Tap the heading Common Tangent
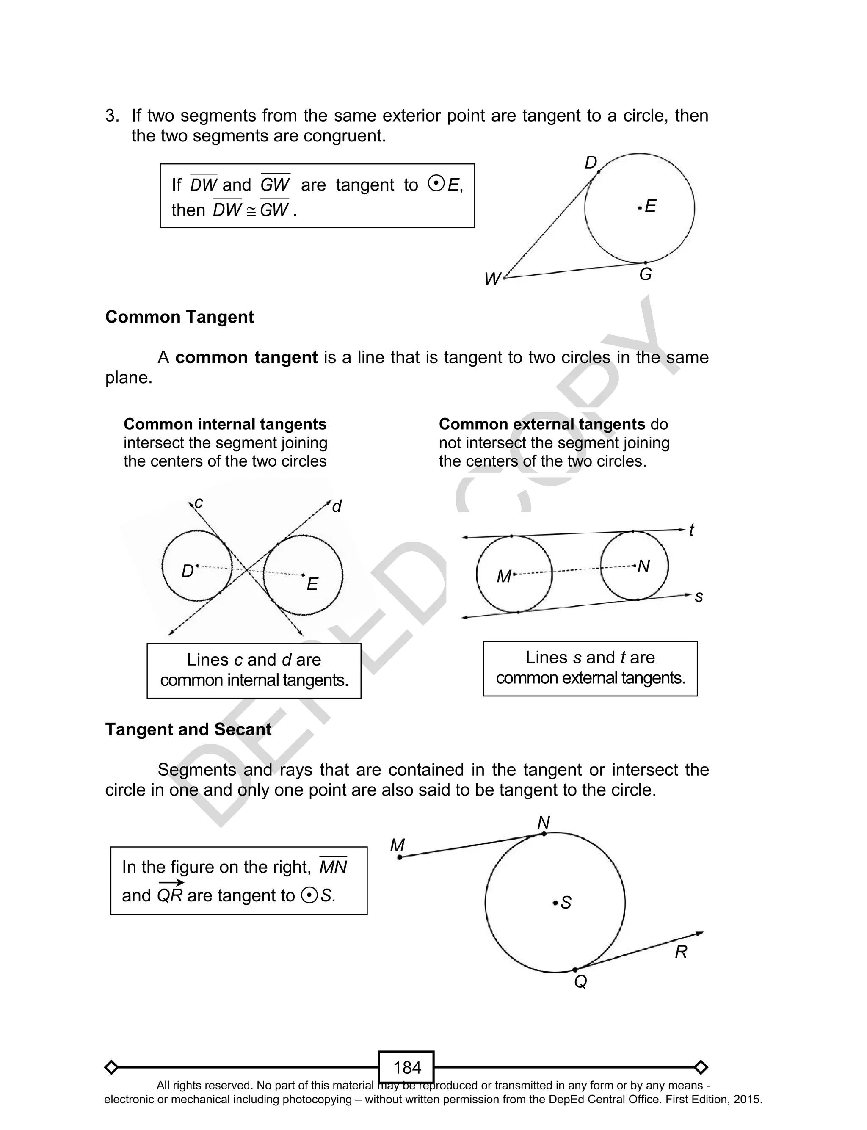point(179,317)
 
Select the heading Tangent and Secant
point(188,729)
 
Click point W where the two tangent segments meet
point(504,278)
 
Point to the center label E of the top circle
point(650,206)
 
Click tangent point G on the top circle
point(645,263)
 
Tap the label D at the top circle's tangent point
point(591,163)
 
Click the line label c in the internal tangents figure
point(199,502)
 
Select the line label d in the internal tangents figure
point(337,507)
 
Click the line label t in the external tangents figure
point(692,530)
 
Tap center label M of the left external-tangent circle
point(503,576)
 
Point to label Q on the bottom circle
point(580,981)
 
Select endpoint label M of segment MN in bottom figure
point(398,845)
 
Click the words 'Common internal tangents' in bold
point(225,424)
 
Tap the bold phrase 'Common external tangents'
point(542,424)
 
